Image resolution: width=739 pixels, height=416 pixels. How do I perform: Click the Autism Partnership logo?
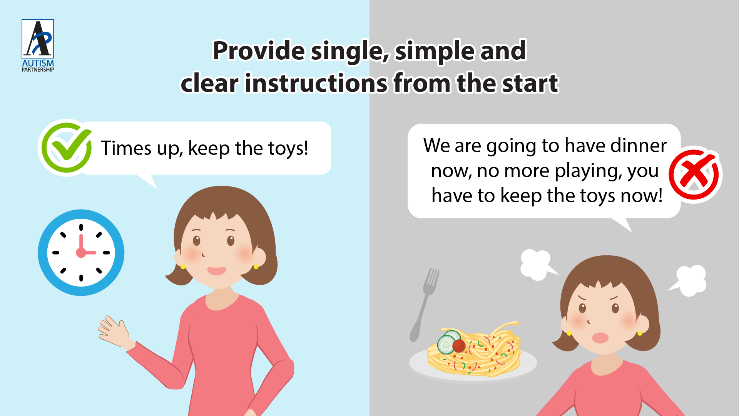tap(38, 45)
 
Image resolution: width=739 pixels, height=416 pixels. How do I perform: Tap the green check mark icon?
tap(66, 148)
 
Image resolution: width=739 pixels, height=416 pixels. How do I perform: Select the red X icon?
tap(694, 175)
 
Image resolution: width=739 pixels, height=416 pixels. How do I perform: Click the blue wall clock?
tap(81, 253)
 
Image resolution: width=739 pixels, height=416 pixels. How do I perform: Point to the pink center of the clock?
tap(81, 253)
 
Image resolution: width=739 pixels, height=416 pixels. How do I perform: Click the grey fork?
tap(424, 305)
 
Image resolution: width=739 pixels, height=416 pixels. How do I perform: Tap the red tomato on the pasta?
tap(459, 346)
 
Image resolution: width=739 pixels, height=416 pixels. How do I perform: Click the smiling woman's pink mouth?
tap(217, 271)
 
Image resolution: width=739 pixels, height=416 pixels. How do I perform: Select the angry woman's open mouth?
tap(600, 338)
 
